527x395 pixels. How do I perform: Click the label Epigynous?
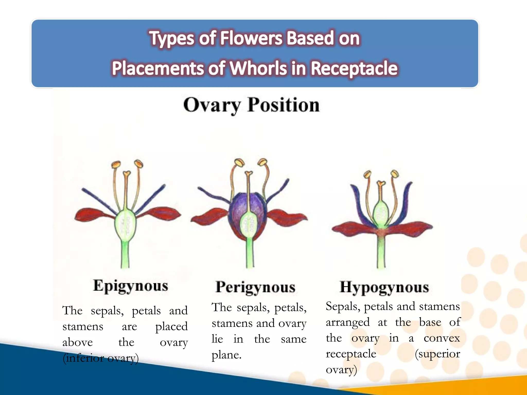(130, 286)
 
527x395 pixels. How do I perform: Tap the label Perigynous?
(255, 287)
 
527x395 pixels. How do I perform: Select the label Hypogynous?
(384, 287)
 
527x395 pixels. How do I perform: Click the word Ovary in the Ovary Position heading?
(212, 105)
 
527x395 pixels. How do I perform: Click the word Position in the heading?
(283, 105)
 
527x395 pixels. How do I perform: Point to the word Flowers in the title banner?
(251, 38)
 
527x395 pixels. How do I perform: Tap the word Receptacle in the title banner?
(354, 68)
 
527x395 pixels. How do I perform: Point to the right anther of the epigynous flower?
(138, 164)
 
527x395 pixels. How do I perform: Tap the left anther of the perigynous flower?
(239, 163)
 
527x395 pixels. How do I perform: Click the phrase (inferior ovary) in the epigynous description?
(101, 358)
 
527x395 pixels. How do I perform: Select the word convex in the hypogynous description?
(442, 338)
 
